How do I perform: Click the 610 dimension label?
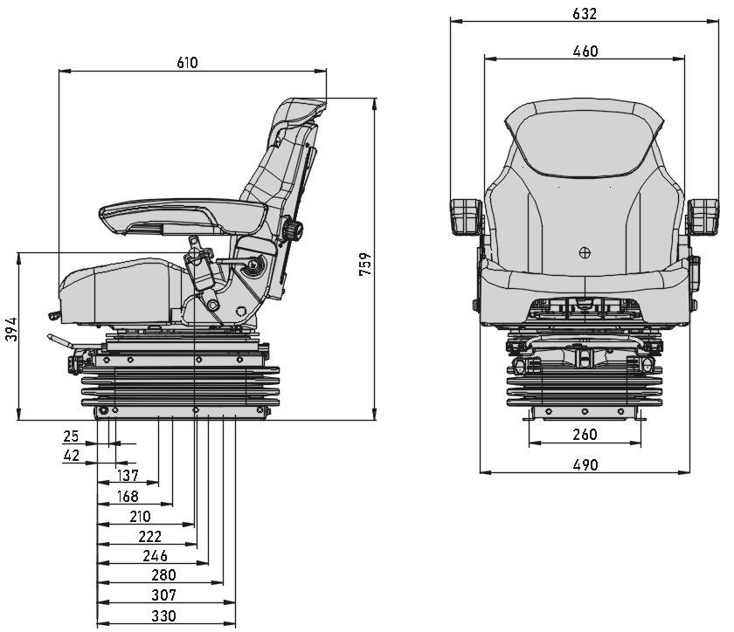click(x=188, y=63)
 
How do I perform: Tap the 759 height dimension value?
click(x=365, y=264)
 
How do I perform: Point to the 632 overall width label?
click(x=585, y=14)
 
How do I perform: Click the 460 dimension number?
click(x=585, y=52)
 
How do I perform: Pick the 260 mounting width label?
click(x=585, y=435)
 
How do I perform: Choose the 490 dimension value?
click(x=585, y=465)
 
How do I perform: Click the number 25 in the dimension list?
click(x=71, y=435)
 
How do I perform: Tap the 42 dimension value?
click(x=71, y=455)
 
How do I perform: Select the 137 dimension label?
click(x=128, y=475)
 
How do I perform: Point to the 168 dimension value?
click(x=128, y=496)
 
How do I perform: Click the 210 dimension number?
click(x=140, y=516)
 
